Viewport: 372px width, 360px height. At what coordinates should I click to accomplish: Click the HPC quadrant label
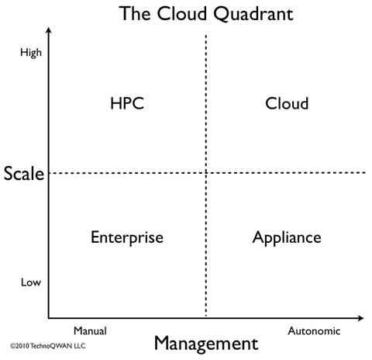(x=127, y=103)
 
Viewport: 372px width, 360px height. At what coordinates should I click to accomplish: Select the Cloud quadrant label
(x=287, y=103)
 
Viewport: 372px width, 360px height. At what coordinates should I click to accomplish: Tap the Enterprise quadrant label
(x=127, y=237)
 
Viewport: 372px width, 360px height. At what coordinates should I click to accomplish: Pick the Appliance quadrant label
(x=287, y=237)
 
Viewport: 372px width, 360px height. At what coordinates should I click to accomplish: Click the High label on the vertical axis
(x=31, y=53)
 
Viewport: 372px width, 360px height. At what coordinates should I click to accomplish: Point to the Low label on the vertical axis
(x=31, y=282)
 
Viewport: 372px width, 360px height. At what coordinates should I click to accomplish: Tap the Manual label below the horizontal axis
(x=90, y=331)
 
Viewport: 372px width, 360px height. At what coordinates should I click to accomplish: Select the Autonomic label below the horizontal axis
(x=314, y=331)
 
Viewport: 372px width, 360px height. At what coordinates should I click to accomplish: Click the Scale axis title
(x=24, y=173)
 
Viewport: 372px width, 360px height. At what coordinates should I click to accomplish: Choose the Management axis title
(x=206, y=344)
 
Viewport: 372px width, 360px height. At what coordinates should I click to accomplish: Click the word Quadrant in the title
(x=253, y=14)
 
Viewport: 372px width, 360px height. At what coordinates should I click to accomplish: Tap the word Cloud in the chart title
(x=182, y=13)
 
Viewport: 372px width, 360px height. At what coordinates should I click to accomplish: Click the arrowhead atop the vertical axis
(x=49, y=29)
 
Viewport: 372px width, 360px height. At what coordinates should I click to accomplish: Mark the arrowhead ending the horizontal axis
(x=361, y=318)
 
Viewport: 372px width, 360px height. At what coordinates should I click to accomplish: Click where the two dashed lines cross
(x=206, y=172)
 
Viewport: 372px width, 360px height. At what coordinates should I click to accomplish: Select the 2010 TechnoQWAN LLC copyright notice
(x=47, y=346)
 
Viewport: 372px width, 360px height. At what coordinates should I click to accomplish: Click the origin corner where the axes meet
(x=49, y=318)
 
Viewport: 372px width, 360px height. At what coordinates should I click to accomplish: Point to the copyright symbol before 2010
(x=12, y=346)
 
